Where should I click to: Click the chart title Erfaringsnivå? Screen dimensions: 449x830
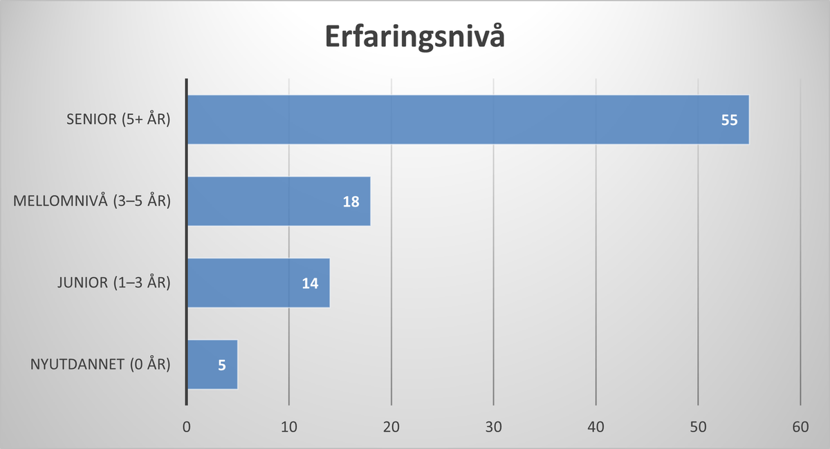[x=415, y=37]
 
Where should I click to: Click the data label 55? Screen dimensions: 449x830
[x=730, y=120]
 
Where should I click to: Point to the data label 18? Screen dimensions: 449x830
[x=351, y=201]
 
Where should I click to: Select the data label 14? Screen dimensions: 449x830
[x=310, y=283]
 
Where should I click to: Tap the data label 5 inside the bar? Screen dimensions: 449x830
[x=221, y=364]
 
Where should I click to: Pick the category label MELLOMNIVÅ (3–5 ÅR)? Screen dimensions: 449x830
[x=92, y=201]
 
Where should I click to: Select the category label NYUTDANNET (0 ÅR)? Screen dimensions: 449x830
[x=101, y=364]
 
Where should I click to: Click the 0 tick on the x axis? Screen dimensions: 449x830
[x=187, y=428]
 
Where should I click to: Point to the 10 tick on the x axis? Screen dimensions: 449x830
[x=289, y=428]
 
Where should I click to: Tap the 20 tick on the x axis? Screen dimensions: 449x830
[x=391, y=428]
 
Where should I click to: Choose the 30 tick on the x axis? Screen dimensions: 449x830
[x=494, y=428]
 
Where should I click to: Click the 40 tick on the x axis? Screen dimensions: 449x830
[x=596, y=428]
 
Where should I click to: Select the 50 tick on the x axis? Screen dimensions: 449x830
[x=699, y=428]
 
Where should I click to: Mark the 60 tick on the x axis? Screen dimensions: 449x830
[x=801, y=428]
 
